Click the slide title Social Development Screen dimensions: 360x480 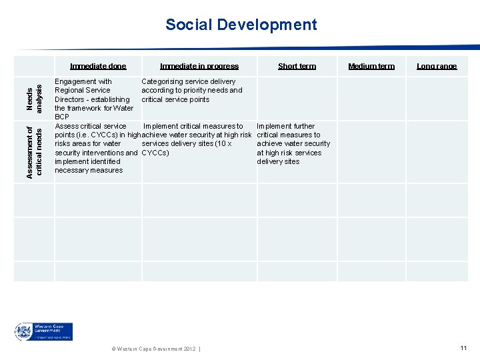(x=241, y=25)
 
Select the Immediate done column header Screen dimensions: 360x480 (x=98, y=66)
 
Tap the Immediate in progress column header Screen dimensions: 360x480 (x=199, y=66)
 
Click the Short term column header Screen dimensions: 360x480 (x=297, y=66)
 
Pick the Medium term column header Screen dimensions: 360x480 (x=371, y=66)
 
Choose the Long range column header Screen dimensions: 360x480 (x=437, y=66)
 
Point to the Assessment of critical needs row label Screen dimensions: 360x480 (x=34, y=151)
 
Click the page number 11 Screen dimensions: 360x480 (x=463, y=348)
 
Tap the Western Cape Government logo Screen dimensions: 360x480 (x=44, y=331)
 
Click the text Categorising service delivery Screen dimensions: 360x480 (x=189, y=81)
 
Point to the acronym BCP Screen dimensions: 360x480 (x=62, y=117)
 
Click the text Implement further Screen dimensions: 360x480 (x=285, y=126)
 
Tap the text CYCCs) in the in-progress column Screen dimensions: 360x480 (x=155, y=153)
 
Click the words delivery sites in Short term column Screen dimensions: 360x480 (x=278, y=161)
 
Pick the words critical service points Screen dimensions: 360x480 (x=175, y=99)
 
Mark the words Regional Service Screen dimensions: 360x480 (x=83, y=90)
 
